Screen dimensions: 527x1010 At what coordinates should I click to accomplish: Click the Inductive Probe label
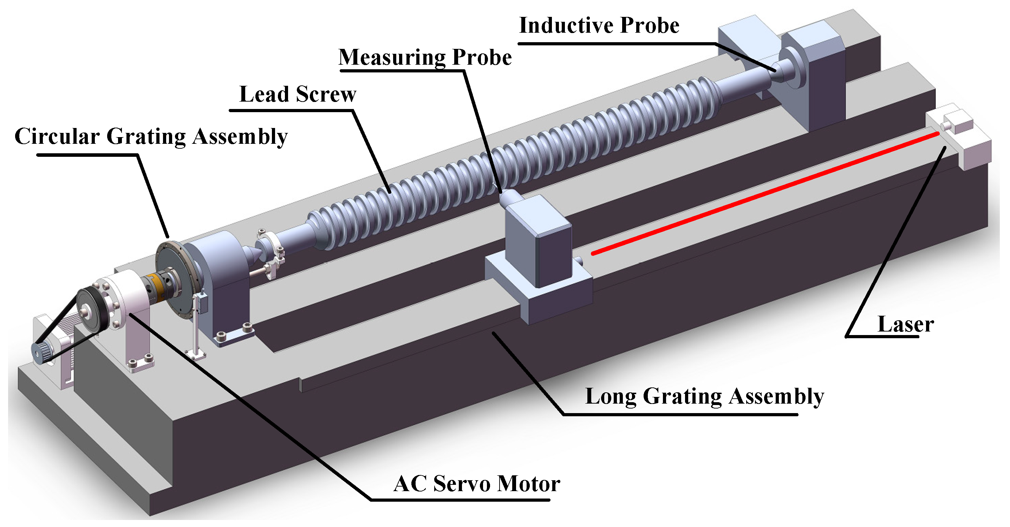[599, 26]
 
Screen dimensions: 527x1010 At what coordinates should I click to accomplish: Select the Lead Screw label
[298, 95]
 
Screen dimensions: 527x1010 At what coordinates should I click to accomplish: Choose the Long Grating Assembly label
[704, 397]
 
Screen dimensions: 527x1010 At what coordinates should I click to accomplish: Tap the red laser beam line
[764, 194]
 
